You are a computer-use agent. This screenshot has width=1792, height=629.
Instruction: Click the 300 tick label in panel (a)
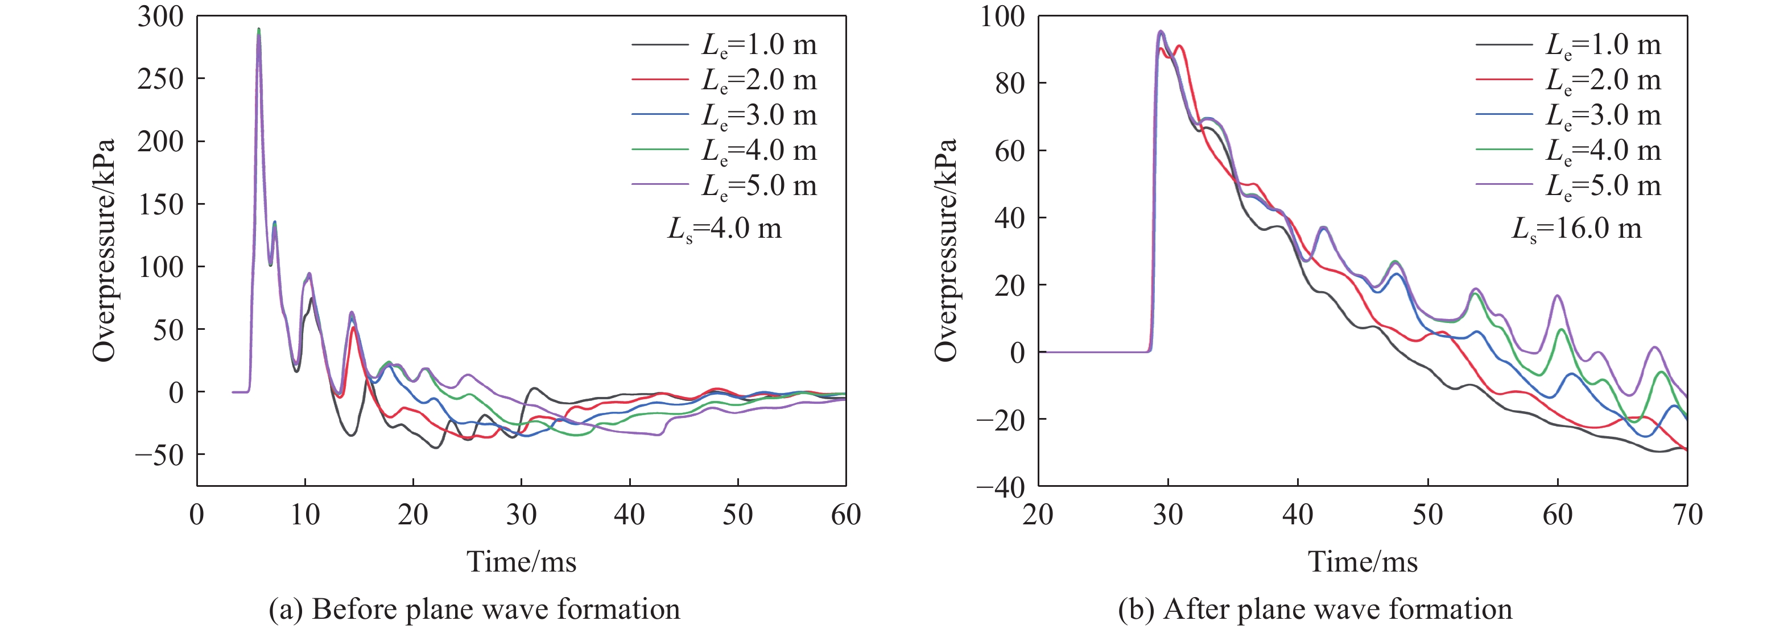(160, 16)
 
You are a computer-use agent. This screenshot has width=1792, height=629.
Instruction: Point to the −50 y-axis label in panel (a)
(159, 455)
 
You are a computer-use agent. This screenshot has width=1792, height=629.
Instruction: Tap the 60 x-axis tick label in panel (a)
(845, 515)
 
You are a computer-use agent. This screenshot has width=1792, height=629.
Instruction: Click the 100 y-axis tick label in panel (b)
(1002, 16)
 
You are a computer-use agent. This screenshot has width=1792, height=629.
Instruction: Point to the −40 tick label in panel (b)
(1000, 487)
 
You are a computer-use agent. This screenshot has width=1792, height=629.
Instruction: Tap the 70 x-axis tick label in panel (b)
(1687, 515)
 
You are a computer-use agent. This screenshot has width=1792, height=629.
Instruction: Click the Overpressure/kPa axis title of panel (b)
(946, 250)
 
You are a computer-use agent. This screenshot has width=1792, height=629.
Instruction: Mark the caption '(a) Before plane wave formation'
(474, 610)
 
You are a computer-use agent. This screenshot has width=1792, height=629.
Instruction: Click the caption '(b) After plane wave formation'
(1315, 610)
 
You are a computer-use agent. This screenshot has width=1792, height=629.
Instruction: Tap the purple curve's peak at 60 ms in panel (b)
(1558, 296)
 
